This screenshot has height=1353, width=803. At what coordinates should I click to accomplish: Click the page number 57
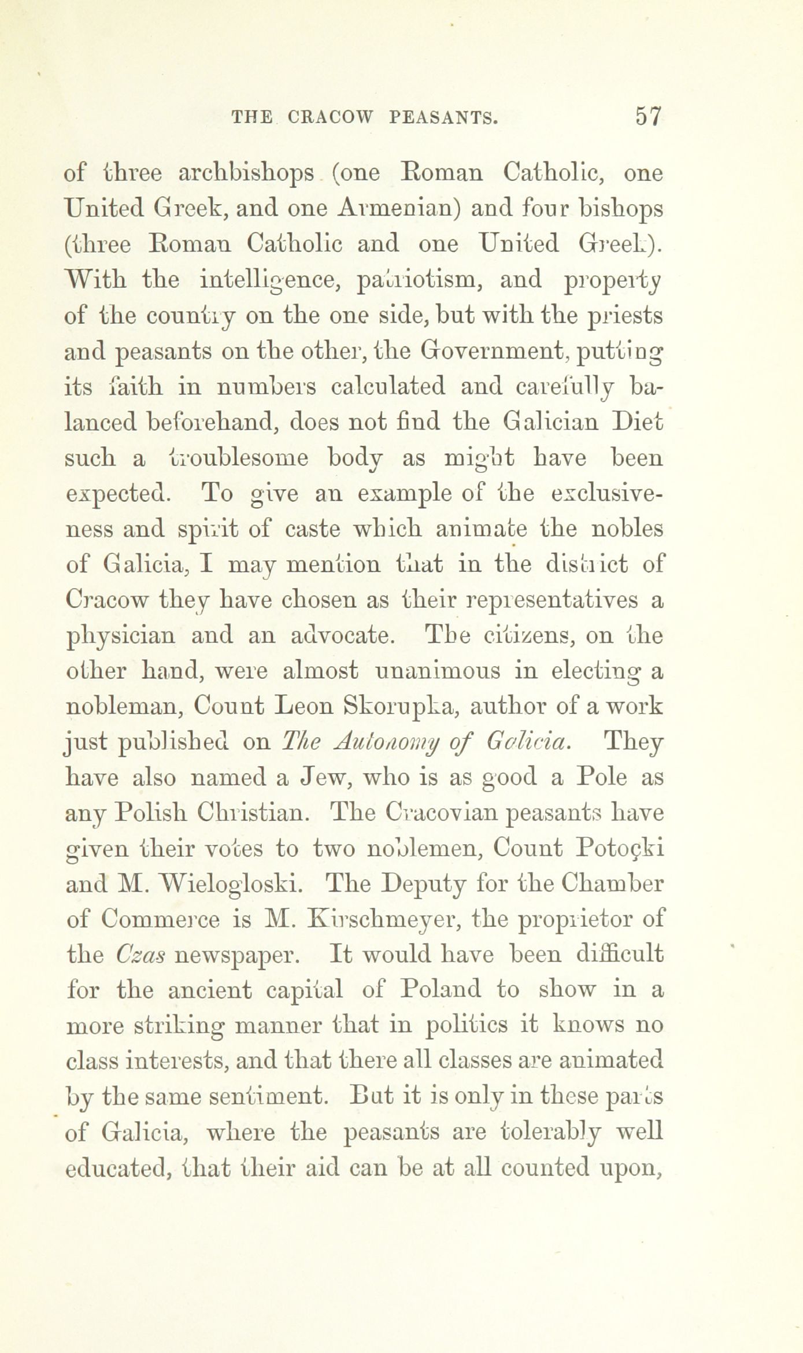point(647,117)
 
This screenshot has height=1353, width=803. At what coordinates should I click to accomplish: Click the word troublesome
point(221,459)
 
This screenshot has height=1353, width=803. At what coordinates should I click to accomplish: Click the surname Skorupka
point(393,707)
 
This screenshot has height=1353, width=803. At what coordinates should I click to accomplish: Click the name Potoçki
point(619,849)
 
